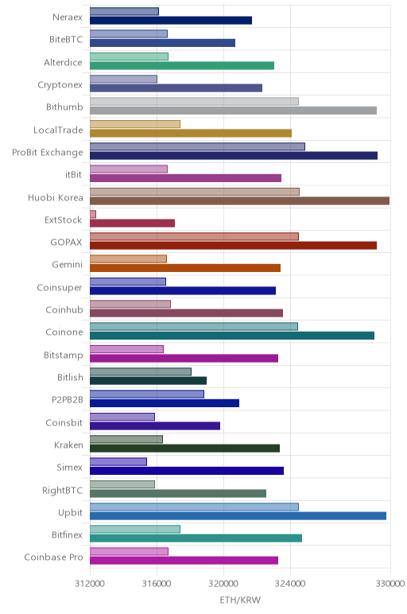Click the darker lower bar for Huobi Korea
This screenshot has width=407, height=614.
(239, 201)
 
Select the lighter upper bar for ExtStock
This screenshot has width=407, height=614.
(93, 214)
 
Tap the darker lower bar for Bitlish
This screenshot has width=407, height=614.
(149, 381)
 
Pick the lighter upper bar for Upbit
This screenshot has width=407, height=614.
(194, 507)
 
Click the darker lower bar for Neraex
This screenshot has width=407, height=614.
(171, 21)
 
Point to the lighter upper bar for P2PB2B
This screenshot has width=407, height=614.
(147, 394)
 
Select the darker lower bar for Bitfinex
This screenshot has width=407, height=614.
(196, 538)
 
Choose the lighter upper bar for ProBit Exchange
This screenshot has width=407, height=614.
(197, 146)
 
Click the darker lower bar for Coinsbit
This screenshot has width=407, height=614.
(155, 426)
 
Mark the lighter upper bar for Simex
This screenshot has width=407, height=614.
(118, 461)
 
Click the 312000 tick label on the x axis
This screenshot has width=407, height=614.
(90, 584)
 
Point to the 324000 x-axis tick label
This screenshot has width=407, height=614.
(290, 584)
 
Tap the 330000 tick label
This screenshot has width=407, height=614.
(390, 584)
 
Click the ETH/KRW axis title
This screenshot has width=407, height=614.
(240, 600)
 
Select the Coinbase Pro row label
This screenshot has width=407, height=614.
(53, 557)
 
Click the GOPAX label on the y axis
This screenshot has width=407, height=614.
(67, 242)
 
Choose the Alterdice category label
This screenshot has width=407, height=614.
(63, 62)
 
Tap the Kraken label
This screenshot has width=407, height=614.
(68, 445)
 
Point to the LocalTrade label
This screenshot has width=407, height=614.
(58, 130)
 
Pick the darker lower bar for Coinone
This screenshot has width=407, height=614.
(232, 336)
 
